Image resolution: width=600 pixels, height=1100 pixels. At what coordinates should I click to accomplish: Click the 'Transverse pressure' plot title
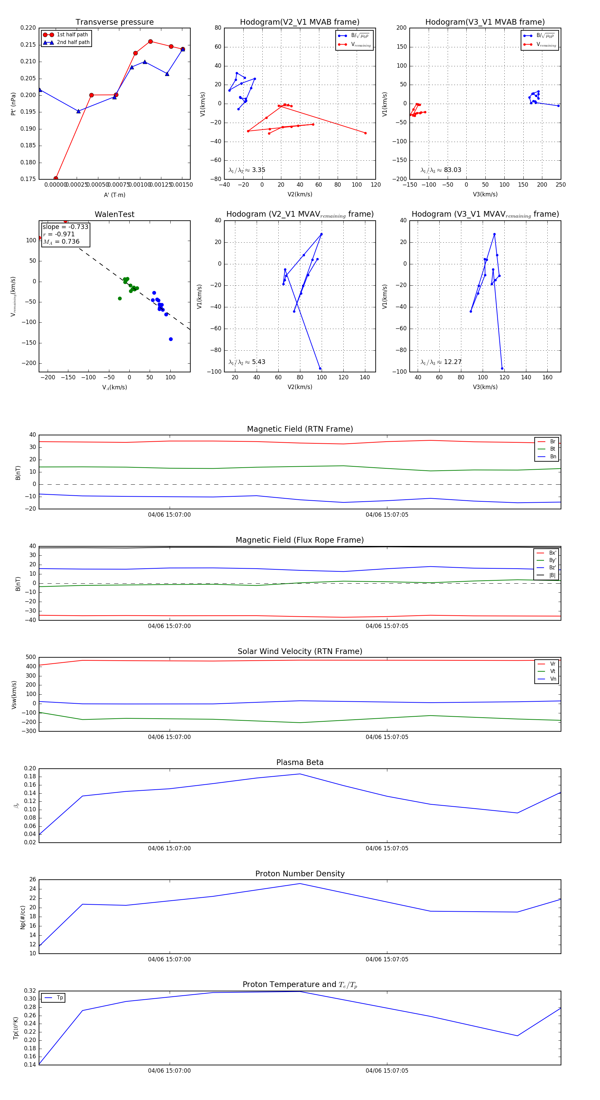click(x=114, y=22)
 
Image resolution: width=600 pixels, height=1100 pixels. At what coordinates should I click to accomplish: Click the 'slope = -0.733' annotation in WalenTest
click(x=65, y=227)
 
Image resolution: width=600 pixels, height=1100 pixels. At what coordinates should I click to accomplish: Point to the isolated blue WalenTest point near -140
click(x=171, y=339)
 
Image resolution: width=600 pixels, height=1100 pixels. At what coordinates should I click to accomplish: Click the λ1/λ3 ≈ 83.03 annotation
click(x=441, y=170)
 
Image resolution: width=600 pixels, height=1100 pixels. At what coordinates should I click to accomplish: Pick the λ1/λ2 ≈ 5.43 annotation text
click(x=247, y=362)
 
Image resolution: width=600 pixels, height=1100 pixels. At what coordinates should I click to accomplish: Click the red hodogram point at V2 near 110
click(x=365, y=133)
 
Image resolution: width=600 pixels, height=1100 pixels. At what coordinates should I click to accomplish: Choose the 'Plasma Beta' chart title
click(x=300, y=762)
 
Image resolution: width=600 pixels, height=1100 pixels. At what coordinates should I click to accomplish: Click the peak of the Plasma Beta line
click(x=300, y=774)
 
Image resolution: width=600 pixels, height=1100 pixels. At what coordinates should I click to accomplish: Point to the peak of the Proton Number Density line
click(x=300, y=884)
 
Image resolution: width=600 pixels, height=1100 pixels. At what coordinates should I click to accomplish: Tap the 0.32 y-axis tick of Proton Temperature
click(x=30, y=991)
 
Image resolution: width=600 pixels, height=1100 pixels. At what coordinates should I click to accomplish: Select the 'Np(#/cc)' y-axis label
click(x=23, y=917)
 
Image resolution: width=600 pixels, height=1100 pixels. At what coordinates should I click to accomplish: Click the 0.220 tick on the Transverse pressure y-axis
click(x=28, y=28)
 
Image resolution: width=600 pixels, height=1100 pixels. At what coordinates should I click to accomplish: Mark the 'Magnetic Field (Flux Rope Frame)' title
click(x=300, y=540)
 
